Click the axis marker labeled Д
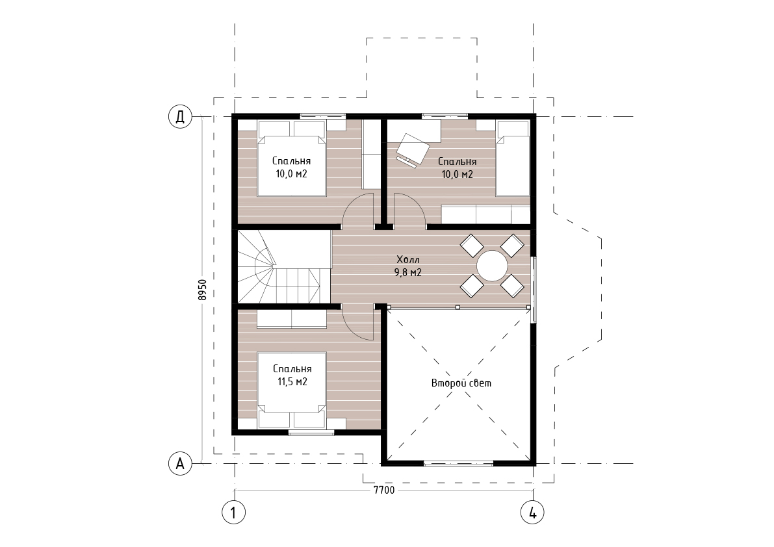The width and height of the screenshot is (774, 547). pyautogui.click(x=180, y=117)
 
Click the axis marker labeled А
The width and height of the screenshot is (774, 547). pyautogui.click(x=180, y=464)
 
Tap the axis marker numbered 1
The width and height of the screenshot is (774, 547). pyautogui.click(x=234, y=513)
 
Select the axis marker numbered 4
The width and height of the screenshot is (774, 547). pyautogui.click(x=533, y=513)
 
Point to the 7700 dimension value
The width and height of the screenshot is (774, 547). pyautogui.click(x=384, y=490)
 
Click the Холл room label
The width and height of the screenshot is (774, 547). pyautogui.click(x=407, y=259)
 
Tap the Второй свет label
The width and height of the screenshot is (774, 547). pyautogui.click(x=461, y=383)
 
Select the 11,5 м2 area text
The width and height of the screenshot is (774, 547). pyautogui.click(x=292, y=381)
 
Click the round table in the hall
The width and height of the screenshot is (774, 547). pyautogui.click(x=492, y=266)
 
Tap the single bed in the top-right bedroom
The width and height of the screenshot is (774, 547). pyautogui.click(x=513, y=159)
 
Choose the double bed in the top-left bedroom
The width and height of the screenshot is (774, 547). pyautogui.click(x=292, y=159)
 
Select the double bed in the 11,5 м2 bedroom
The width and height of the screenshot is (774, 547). pyautogui.click(x=292, y=390)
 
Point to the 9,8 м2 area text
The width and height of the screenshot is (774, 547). pyautogui.click(x=407, y=272)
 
